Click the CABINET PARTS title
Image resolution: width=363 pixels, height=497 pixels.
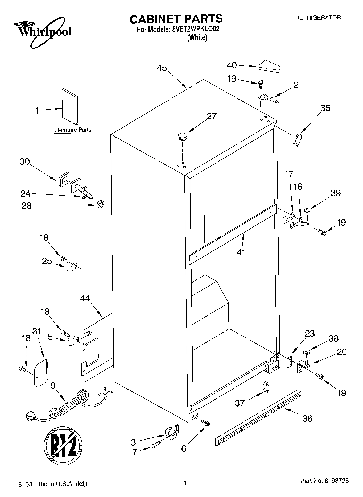[x=176, y=19]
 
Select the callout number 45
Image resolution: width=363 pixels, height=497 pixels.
[x=162, y=68]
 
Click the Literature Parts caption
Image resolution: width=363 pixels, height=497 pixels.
[x=72, y=130]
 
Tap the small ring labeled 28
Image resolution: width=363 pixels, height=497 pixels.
[x=100, y=205]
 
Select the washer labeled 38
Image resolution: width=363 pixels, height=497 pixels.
[x=306, y=353]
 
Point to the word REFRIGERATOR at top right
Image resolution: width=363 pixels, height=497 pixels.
[x=318, y=18]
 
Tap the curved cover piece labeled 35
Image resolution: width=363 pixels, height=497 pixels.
[x=297, y=140]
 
